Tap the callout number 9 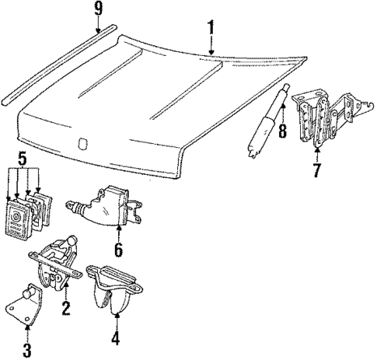[x=98, y=10]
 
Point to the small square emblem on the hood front [x=82, y=142]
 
